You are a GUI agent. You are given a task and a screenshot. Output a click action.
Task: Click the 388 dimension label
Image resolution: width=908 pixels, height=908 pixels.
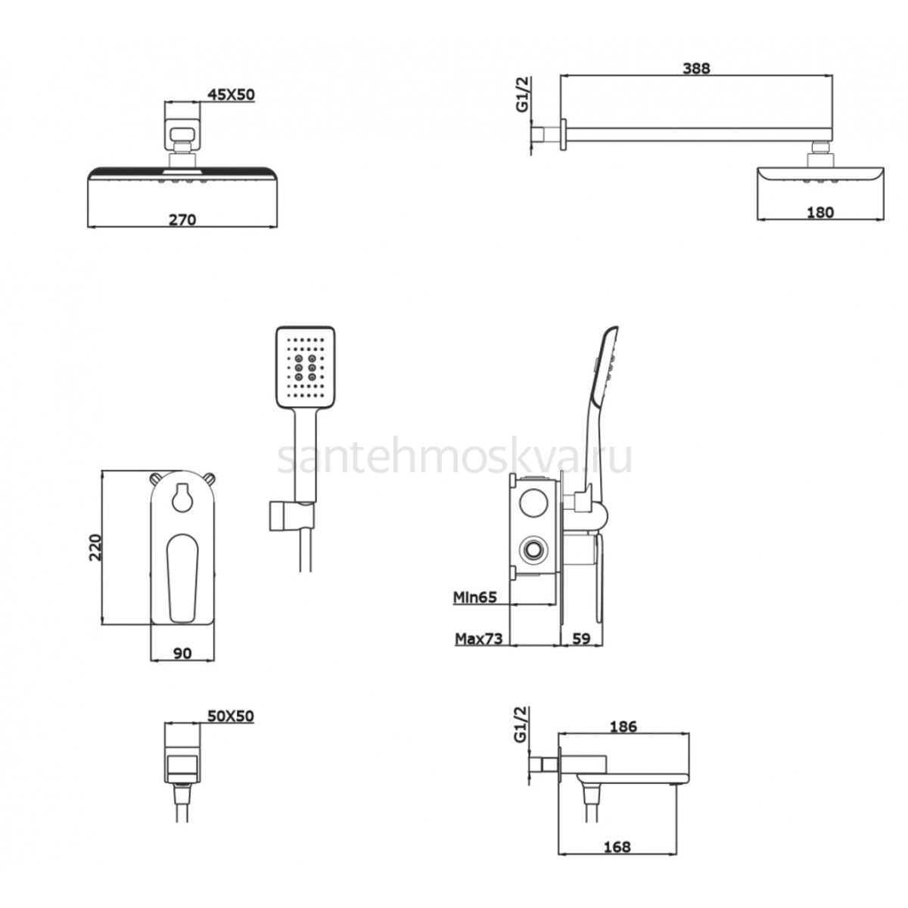[x=695, y=68]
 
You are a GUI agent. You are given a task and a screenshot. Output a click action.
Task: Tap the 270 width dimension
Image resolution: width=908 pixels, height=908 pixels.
[x=182, y=219]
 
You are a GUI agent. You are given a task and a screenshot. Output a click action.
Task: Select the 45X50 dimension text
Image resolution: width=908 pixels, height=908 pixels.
[x=231, y=95]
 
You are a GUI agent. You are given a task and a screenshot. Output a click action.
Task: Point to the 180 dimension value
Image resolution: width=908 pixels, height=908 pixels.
[x=820, y=213]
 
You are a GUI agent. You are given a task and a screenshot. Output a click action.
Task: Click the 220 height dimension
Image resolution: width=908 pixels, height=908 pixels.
[x=95, y=547]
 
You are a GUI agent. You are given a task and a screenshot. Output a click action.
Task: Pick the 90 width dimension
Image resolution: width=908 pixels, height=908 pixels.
[x=182, y=653]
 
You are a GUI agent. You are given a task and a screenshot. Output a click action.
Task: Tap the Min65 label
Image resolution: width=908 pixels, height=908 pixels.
[x=475, y=597]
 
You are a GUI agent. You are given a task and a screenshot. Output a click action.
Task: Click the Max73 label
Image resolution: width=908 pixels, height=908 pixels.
[x=478, y=639]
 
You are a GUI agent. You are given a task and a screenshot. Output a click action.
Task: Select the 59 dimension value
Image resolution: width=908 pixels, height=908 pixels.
[x=580, y=639]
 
